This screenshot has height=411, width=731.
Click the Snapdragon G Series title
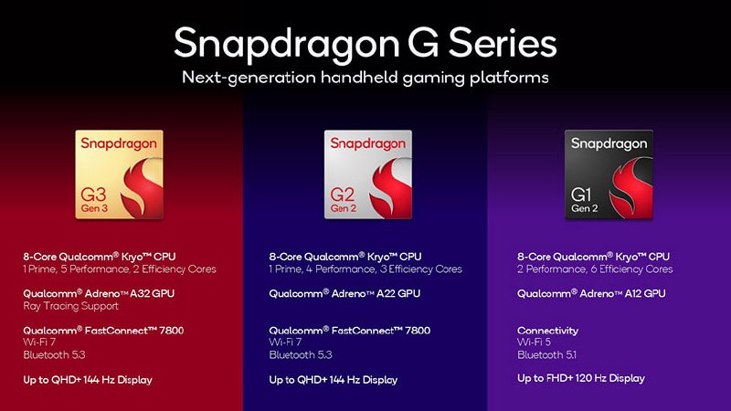(x=365, y=41)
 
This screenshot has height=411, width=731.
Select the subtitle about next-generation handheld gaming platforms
(x=365, y=78)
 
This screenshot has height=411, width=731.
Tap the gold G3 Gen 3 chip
(x=120, y=174)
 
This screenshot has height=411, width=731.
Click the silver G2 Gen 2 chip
(x=367, y=174)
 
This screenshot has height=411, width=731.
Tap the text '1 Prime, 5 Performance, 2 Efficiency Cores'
(x=119, y=269)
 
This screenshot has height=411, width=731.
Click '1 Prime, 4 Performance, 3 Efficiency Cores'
(x=365, y=269)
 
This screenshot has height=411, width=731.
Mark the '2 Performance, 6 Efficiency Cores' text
(x=595, y=269)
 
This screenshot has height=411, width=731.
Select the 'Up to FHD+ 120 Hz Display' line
(x=581, y=378)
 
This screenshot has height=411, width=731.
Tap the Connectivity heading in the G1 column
(x=547, y=331)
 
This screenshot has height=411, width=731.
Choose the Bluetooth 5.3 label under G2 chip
(x=300, y=354)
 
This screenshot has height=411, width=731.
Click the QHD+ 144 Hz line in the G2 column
(x=334, y=379)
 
